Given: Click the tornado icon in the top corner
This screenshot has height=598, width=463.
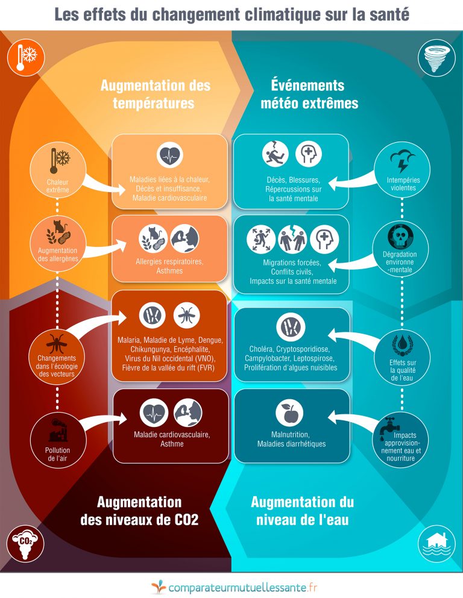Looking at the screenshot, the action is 436,59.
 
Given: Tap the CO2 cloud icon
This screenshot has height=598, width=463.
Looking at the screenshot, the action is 25,544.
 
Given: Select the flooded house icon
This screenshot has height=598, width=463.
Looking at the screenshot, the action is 436,544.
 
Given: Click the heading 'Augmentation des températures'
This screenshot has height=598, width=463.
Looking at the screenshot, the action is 156,94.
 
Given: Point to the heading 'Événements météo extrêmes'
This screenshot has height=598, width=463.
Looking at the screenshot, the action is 309,94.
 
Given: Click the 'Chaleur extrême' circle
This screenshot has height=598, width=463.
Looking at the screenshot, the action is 58,170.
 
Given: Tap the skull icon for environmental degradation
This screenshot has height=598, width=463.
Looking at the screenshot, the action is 400,237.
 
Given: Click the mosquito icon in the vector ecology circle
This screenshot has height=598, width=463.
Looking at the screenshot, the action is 57,343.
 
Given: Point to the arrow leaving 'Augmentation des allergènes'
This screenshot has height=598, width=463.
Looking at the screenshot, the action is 105,248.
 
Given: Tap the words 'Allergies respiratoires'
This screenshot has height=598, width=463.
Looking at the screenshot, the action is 169,261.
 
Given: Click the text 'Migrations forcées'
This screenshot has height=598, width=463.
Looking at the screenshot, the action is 292,263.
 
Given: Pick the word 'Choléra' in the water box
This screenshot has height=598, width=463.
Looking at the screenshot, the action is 261,349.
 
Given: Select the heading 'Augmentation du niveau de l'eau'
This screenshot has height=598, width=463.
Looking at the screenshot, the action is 302,511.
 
